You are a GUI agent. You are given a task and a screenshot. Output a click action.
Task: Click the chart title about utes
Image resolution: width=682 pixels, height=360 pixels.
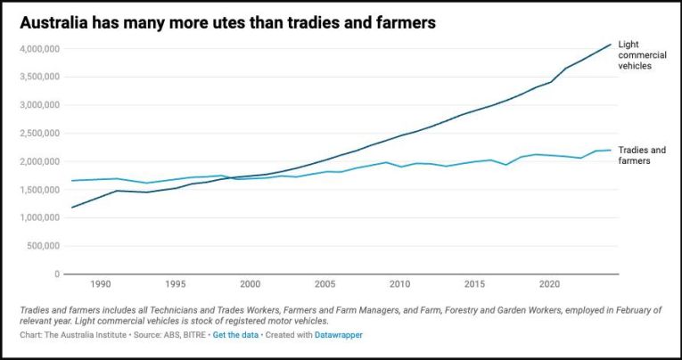228,23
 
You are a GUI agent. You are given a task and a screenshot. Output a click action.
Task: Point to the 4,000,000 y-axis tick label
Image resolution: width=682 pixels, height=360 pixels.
40,48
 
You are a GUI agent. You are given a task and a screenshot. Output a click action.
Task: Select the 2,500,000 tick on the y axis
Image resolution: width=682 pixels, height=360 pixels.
40,133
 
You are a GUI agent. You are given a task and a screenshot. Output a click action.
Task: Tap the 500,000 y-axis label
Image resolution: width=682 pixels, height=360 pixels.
45,246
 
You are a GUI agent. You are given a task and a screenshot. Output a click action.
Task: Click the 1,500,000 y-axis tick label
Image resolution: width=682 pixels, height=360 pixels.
40,190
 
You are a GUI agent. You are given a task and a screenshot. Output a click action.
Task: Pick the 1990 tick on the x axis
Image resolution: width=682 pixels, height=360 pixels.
101,284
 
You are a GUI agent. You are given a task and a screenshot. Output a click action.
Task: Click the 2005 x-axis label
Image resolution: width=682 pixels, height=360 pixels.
325,284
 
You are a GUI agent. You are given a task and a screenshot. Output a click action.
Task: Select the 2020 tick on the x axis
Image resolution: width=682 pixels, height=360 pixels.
550,284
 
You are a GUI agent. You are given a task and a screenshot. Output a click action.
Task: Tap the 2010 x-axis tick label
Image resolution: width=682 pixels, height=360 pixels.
400,284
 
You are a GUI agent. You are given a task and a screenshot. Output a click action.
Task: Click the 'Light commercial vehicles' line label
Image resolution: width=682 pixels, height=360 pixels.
641,54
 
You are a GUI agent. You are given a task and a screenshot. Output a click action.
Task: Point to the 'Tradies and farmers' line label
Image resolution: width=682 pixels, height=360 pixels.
642,156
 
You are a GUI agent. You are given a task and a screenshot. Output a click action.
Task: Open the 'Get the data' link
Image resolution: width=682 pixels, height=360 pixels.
237,335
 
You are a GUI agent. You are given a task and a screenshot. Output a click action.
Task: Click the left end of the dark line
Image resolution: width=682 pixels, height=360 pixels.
72,208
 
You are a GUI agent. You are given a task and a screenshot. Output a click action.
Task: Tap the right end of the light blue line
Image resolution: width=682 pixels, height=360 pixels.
611,150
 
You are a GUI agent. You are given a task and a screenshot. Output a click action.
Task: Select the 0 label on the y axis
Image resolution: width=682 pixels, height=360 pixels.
56,274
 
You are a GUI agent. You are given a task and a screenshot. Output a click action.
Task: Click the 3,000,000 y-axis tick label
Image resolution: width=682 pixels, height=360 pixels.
40,104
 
